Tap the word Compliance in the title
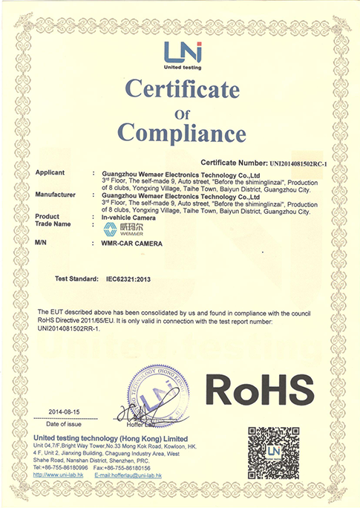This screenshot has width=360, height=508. point(182,134)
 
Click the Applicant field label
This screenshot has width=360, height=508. point(50,172)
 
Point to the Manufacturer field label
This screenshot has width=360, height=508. point(56,195)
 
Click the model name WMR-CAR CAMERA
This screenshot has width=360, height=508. point(132,243)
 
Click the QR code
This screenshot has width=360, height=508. point(273,452)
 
